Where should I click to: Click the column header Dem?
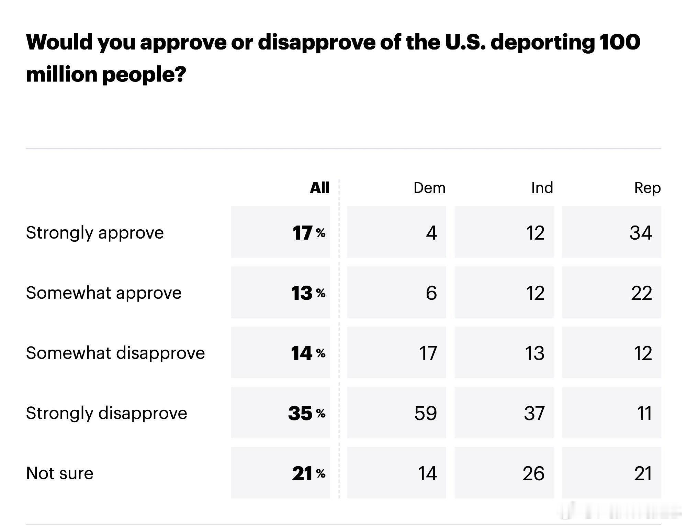point(429,188)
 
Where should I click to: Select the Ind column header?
point(542,188)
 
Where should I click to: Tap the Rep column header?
point(647,188)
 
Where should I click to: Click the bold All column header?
point(319,188)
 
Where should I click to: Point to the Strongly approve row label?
point(95,233)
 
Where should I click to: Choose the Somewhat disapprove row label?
point(115,353)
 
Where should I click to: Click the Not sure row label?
point(60,473)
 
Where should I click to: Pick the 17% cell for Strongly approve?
point(308,233)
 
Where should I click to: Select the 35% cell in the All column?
point(306,413)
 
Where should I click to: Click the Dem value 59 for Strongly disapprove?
point(426,413)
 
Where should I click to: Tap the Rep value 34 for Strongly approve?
point(641,233)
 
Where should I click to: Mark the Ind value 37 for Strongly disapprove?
point(534,413)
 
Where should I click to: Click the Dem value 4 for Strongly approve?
point(431,233)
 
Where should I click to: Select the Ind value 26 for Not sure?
point(533,473)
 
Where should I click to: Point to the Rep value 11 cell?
point(644,413)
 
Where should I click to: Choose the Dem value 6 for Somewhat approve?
point(431,293)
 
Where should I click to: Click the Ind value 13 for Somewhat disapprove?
point(535,353)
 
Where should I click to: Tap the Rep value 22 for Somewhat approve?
point(641,293)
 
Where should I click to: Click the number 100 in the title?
point(620,42)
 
